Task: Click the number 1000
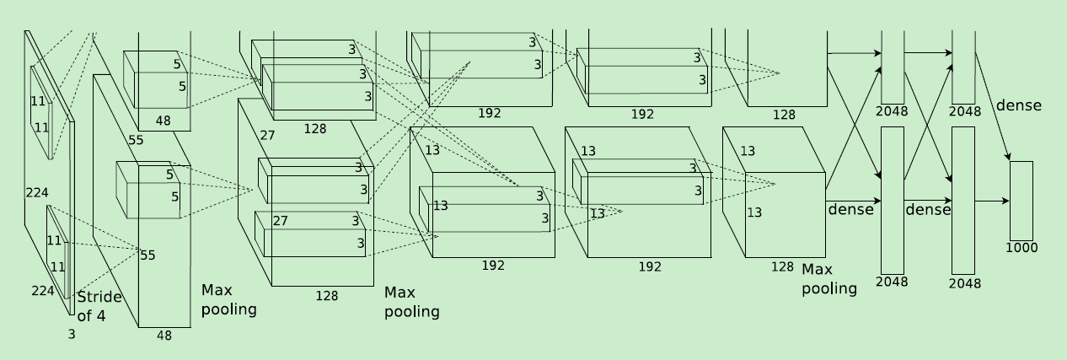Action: coord(1021,248)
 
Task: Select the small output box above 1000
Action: coord(1021,201)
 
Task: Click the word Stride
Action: coord(99,297)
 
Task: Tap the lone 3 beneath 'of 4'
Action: coord(71,335)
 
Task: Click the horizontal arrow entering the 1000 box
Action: coord(992,201)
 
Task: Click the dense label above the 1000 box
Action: coord(1018,105)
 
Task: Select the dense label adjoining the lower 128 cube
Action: coord(850,209)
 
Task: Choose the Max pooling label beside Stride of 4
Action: coord(228,299)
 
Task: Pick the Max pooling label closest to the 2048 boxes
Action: coord(828,278)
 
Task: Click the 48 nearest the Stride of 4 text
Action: coord(164,335)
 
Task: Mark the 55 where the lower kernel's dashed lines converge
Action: coord(147,255)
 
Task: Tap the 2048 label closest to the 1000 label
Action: coord(964,283)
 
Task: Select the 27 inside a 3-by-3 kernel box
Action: coord(280,221)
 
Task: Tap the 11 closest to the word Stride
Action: coord(57,267)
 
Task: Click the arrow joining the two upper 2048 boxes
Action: coord(927,52)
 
